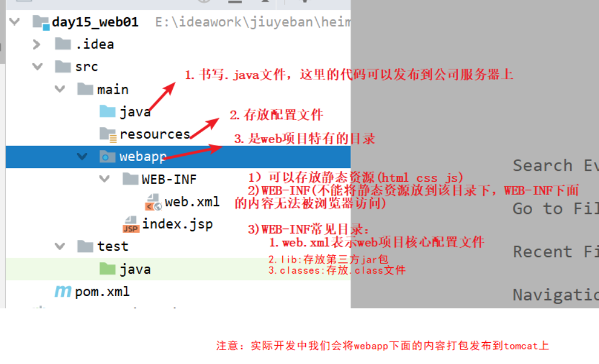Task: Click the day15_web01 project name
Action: coord(94,22)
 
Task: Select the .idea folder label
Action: coord(94,44)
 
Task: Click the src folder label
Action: coord(86,67)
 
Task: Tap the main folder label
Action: coord(112,90)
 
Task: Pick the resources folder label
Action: coord(154,135)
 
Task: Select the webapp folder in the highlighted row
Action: coord(143,156)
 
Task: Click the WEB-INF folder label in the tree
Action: coord(169,179)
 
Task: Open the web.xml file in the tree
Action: coord(192,202)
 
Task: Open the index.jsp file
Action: coord(177,224)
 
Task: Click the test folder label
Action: coord(112,247)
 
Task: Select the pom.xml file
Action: coord(102,292)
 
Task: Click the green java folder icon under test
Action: coord(107,269)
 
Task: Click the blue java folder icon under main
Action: coord(107,112)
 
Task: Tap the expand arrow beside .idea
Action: coord(37,44)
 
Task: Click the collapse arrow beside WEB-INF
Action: coord(104,179)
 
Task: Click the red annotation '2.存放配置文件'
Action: coord(276,115)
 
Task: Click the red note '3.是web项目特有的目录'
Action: coord(305,139)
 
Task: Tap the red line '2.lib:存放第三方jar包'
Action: coord(328,259)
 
